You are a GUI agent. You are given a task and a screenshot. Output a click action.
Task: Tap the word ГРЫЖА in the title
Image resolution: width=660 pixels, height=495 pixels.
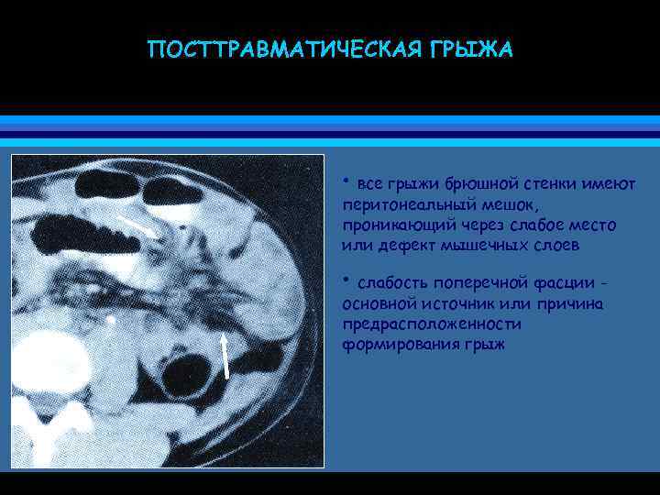coord(467,48)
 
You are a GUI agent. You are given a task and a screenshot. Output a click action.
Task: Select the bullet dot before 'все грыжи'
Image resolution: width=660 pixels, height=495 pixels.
coord(345,179)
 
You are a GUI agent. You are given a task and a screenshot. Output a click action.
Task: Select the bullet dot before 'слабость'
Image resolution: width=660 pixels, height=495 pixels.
coord(345,279)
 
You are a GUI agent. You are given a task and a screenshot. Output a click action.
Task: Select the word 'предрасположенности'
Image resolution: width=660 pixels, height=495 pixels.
coord(431,324)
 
